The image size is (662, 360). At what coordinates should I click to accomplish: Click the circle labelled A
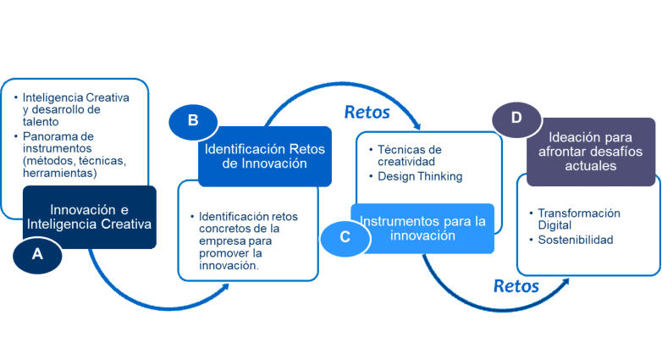(x=37, y=255)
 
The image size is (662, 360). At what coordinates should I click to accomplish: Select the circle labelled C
(x=345, y=238)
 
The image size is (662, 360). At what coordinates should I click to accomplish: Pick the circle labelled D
(x=516, y=119)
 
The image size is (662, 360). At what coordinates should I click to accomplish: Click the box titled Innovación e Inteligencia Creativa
(x=90, y=217)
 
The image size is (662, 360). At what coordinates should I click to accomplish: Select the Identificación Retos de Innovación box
(x=265, y=157)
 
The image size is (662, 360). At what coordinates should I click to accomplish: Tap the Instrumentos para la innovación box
(x=422, y=229)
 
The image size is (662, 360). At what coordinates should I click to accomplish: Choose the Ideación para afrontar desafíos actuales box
(x=591, y=152)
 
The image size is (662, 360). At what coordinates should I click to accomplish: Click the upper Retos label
(x=367, y=113)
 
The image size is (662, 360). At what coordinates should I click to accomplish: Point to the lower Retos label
(x=516, y=286)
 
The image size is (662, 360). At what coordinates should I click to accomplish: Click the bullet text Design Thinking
(x=420, y=177)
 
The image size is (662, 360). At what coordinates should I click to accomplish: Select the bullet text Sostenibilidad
(x=576, y=240)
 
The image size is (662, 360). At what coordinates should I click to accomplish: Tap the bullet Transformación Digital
(x=579, y=219)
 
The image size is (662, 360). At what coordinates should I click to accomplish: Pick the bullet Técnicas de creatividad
(x=410, y=156)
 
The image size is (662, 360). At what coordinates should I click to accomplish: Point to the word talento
(x=41, y=122)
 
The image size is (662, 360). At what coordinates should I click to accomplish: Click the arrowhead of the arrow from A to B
(x=225, y=287)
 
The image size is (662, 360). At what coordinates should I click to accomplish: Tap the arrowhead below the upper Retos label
(x=417, y=125)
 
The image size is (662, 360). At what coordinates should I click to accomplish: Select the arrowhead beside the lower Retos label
(x=565, y=282)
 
